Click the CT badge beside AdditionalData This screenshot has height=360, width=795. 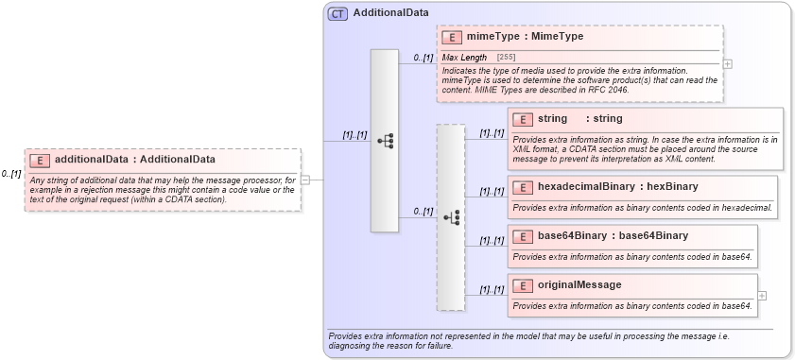pos(337,14)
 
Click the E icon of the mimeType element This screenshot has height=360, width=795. pos(452,38)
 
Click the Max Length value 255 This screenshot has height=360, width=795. pos(506,59)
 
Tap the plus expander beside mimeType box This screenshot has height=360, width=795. pos(727,64)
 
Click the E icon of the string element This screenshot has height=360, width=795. pos(523,119)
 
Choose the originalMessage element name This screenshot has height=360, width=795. pos(579,284)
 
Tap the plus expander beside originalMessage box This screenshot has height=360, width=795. pos(762,295)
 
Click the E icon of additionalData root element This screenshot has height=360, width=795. pos(40,160)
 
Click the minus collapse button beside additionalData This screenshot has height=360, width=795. pos(305,180)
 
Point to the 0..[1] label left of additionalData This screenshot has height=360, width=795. pos(11,174)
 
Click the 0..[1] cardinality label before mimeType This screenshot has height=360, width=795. pos(423,58)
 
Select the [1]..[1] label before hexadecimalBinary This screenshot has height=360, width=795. pos(492,191)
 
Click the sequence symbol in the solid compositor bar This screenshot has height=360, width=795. pos(385,141)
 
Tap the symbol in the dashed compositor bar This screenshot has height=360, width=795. pos(451,216)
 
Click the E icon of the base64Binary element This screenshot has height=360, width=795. pos(523,235)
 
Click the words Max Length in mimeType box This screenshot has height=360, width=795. pos(465,59)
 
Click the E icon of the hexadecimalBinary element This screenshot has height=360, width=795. pos(523,187)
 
